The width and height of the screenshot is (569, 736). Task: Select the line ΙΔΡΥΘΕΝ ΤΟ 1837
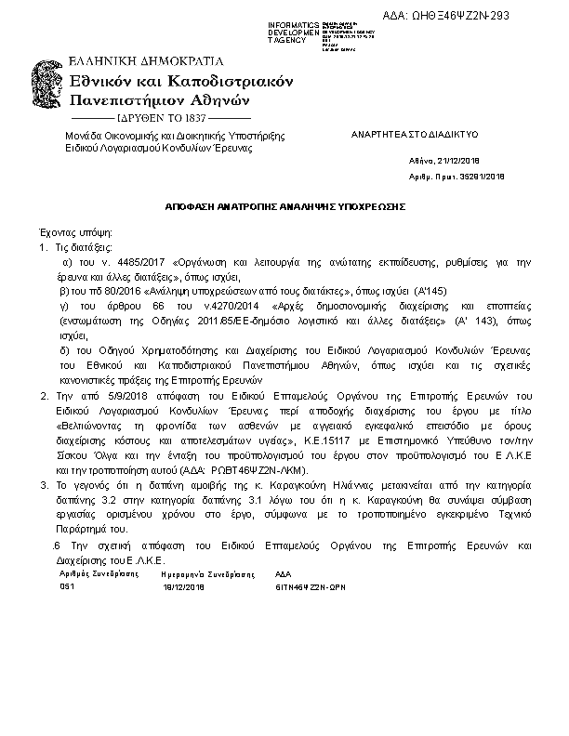tap(161, 119)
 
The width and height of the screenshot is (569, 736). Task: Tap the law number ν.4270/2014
tap(228, 304)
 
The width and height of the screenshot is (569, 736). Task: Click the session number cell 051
tap(67, 587)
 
